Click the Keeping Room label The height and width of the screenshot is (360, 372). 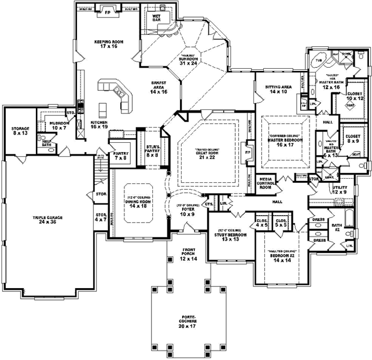(x=106, y=44)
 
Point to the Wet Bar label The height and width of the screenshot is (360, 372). (x=158, y=18)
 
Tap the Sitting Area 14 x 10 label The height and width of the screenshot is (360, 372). (x=279, y=90)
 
